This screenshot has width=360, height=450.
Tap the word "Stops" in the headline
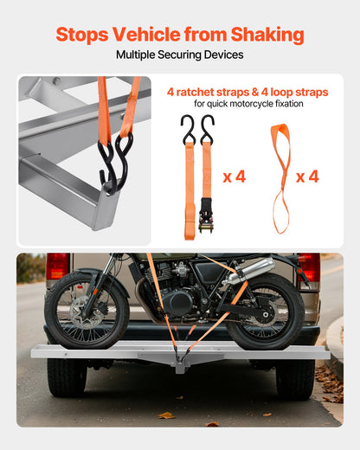pos(80,35)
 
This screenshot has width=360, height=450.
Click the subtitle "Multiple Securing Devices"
pos(179,55)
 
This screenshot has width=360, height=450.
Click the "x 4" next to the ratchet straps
pos(234,177)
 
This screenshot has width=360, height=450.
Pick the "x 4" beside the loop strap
pos(307,177)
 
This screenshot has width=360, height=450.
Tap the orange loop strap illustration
pos(280,177)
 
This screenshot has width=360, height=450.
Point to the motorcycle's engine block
pos(177,299)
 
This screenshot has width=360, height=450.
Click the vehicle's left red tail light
pos(57,267)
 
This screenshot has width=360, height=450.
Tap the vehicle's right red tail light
pos(309,267)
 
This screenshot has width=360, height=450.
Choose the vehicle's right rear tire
pos(296,378)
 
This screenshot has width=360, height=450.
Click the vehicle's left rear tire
pos(67,378)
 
